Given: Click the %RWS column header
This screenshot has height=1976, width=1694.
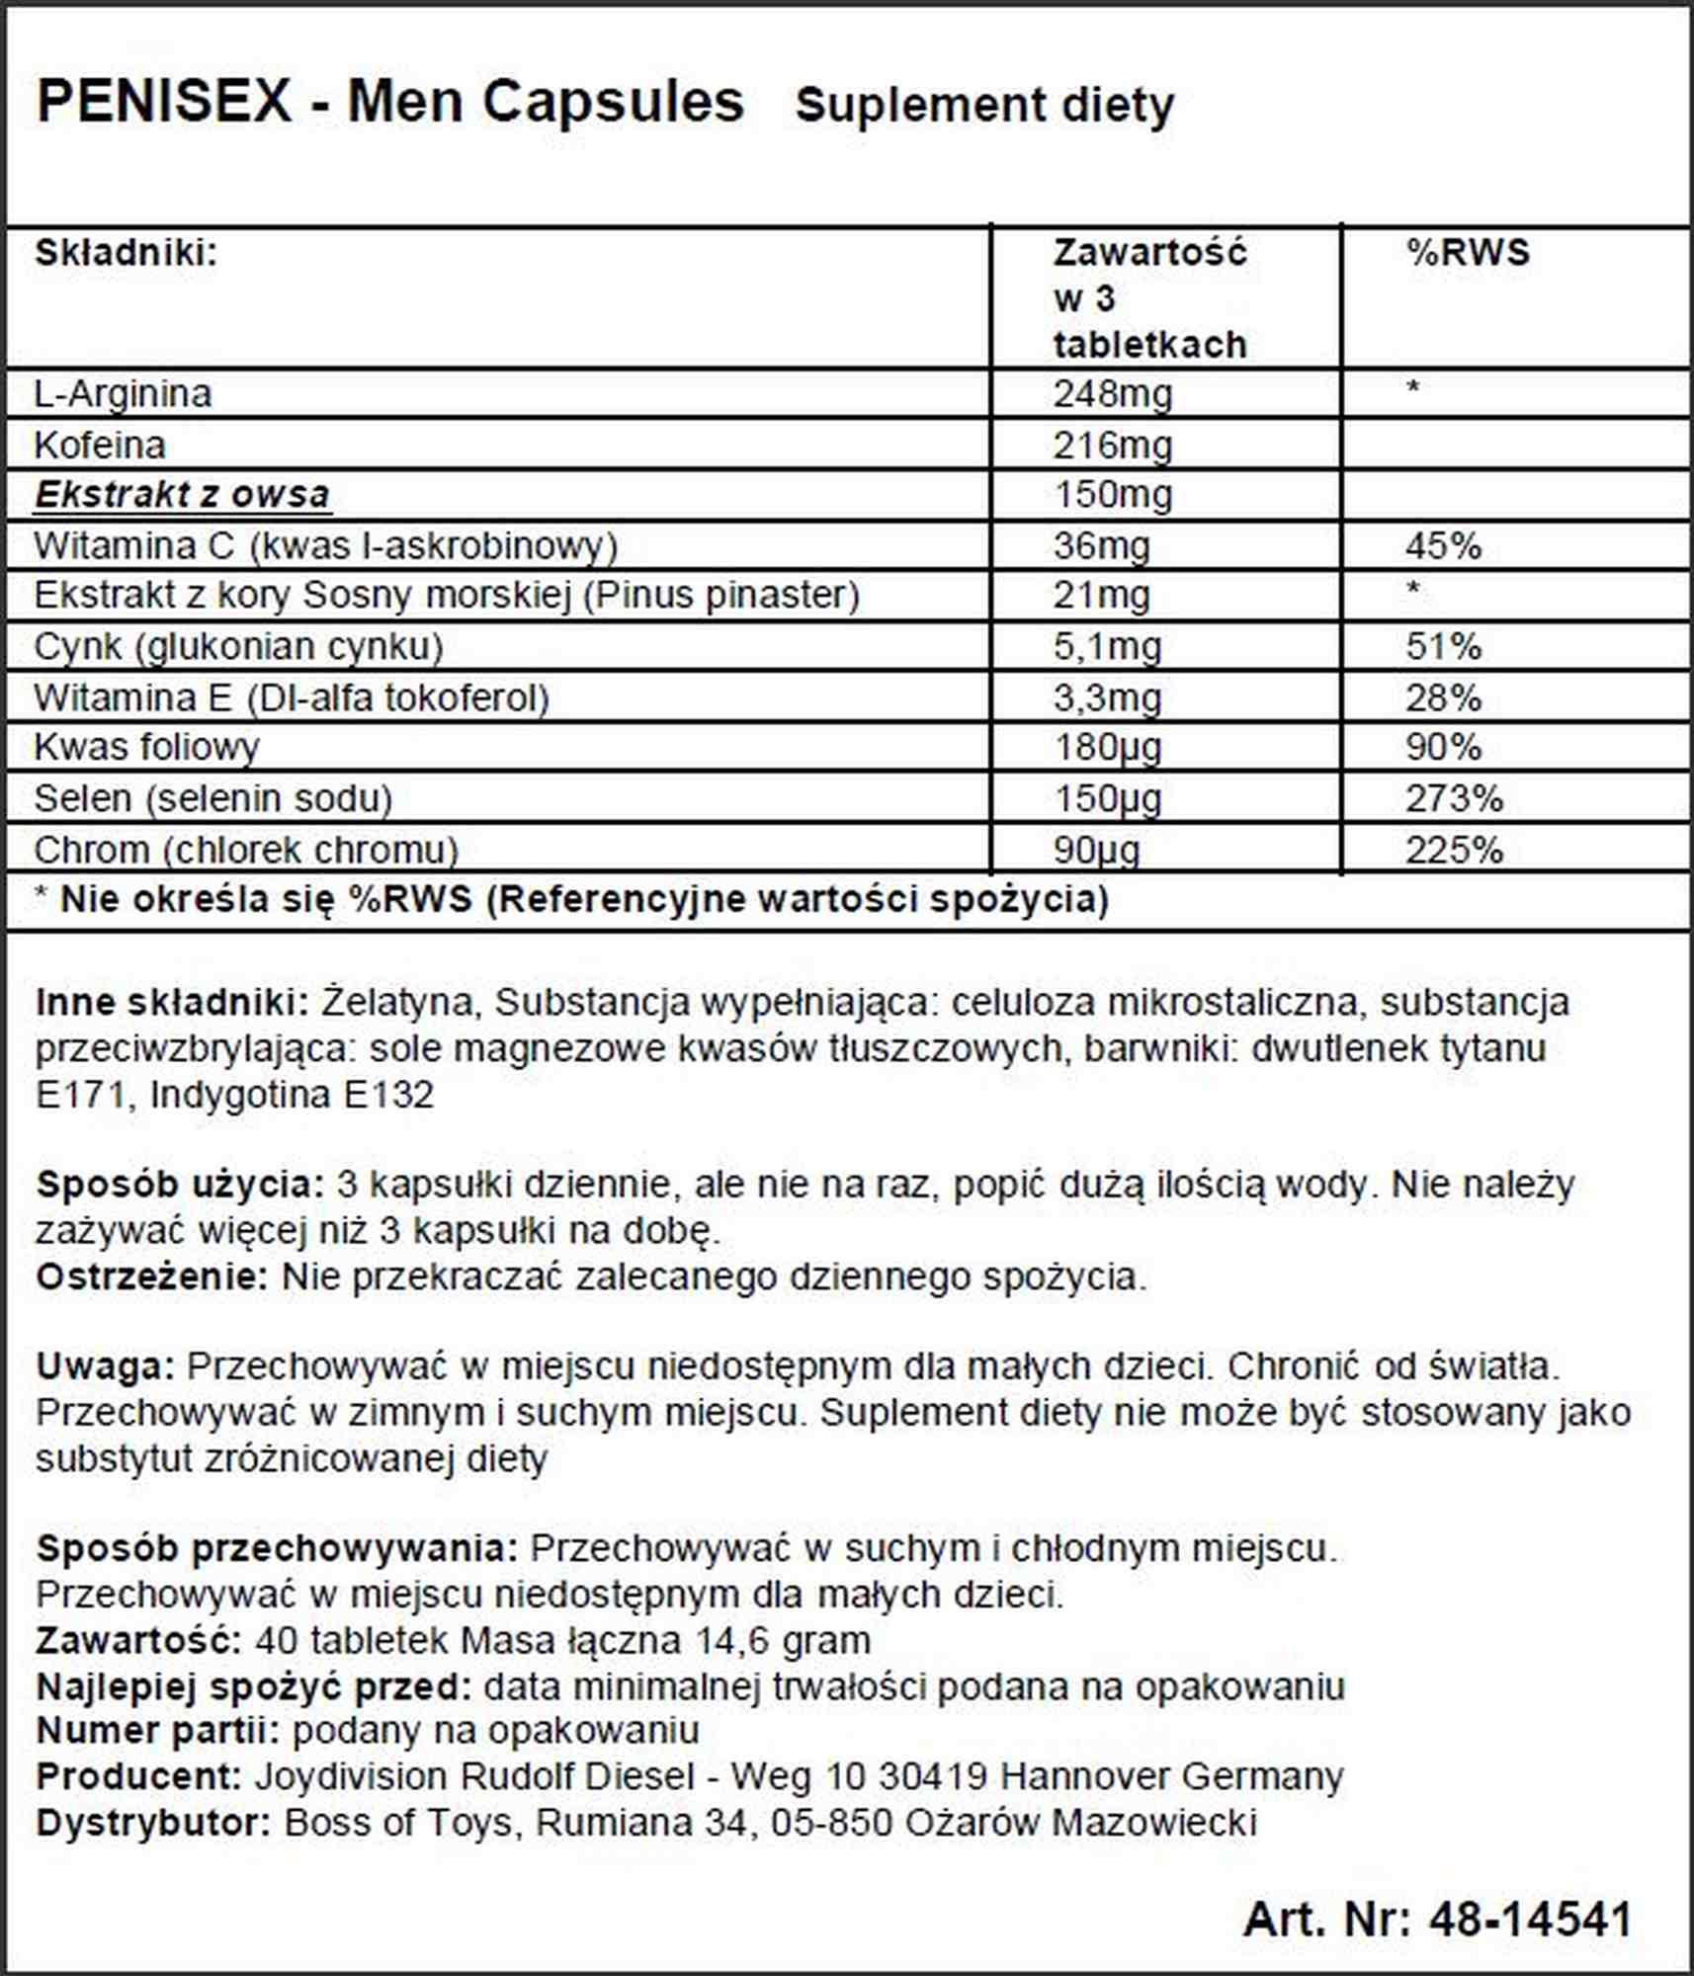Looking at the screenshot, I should point(1468,253).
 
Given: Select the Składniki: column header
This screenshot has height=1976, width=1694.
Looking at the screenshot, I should point(126,253).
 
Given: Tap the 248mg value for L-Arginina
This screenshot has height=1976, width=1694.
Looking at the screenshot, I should point(1112,394).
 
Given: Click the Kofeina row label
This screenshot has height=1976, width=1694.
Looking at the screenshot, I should point(100,445).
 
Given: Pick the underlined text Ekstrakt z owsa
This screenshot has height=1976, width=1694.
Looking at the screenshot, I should point(182,494).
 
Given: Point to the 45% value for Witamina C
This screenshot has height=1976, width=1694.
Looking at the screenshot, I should point(1443,545).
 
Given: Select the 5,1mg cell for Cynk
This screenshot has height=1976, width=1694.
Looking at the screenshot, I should point(1107,647).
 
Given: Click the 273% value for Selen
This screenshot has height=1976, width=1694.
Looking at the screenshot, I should point(1454,798).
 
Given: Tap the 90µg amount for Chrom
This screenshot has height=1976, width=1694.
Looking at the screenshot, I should point(1096,850).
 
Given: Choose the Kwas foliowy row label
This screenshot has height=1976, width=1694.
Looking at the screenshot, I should point(146,747).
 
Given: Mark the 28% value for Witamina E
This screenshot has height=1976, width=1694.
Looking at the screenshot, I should point(1443,699).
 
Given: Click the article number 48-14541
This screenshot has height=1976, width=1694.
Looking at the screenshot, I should point(1530,1919).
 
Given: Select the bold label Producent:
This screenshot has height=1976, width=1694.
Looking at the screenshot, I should point(139,1775).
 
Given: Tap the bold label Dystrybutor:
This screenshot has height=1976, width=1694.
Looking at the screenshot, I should point(153,1822).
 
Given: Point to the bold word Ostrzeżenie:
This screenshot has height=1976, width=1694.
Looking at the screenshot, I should point(152,1276).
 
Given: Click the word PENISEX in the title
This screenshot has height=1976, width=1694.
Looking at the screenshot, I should point(164,102).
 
